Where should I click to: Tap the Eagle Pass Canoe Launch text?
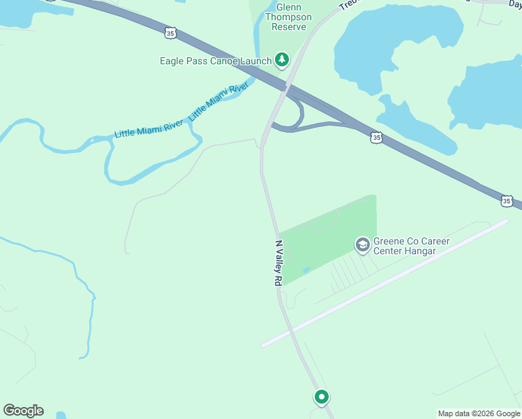[x=215, y=61]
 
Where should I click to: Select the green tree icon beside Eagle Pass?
[x=282, y=60]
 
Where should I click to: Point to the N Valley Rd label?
[x=278, y=263]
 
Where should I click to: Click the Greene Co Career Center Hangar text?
[x=411, y=246]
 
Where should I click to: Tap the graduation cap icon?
[x=362, y=244]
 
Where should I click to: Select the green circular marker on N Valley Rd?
[x=321, y=397]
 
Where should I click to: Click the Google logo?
[x=23, y=411]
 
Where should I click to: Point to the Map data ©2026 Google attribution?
[x=479, y=413]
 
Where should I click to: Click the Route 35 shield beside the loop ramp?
[x=377, y=138]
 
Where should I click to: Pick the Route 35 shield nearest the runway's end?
[x=507, y=201]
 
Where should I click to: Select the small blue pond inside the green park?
[x=306, y=270]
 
